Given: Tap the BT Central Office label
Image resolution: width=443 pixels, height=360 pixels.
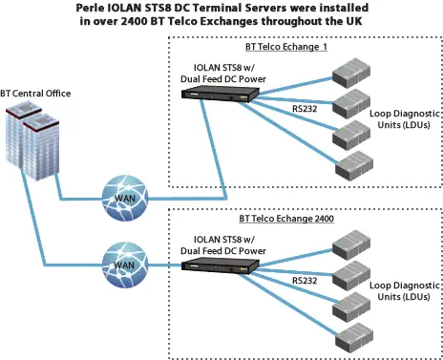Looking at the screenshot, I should (36, 93).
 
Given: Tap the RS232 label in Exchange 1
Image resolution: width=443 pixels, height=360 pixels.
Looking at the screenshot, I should (306, 109).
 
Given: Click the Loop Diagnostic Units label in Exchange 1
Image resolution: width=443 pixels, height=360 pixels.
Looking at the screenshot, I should (399, 119).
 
